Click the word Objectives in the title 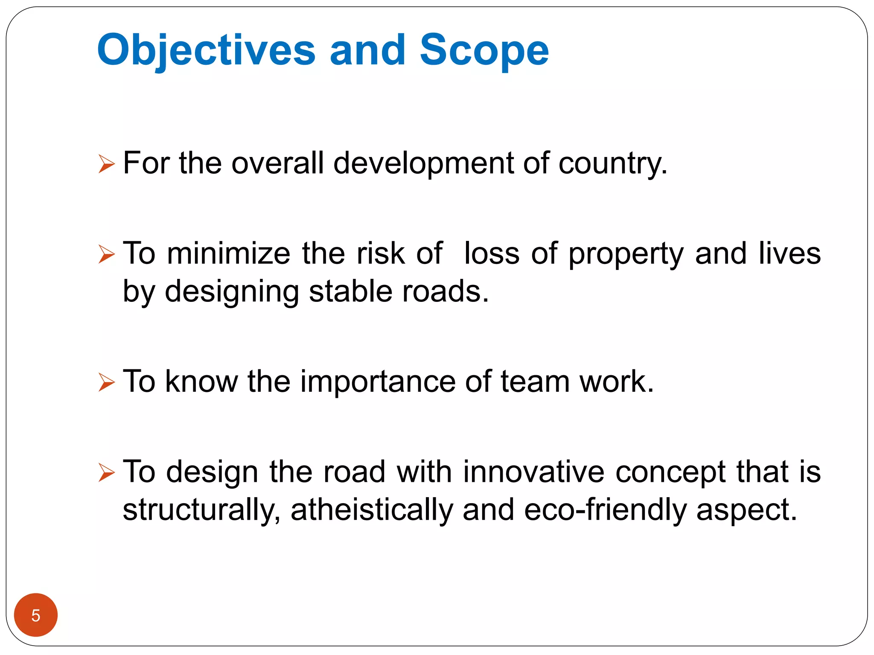(206, 50)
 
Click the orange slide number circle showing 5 (36, 615)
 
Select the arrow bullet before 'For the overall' (106, 164)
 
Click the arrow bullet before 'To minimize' (106, 254)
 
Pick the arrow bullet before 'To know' (106, 382)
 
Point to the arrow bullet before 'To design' (106, 472)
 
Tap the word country (612, 163)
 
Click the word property (626, 254)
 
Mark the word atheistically (372, 510)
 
